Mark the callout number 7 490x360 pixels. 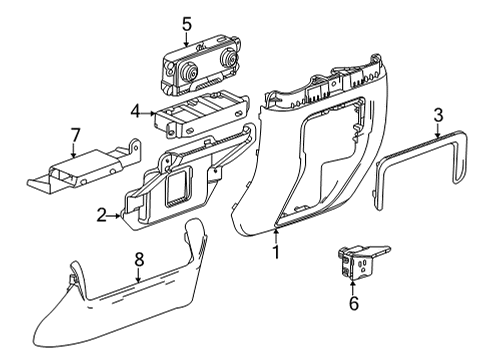click(x=73, y=133)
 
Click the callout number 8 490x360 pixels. click(x=140, y=259)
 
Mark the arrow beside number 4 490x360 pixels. click(x=148, y=111)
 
